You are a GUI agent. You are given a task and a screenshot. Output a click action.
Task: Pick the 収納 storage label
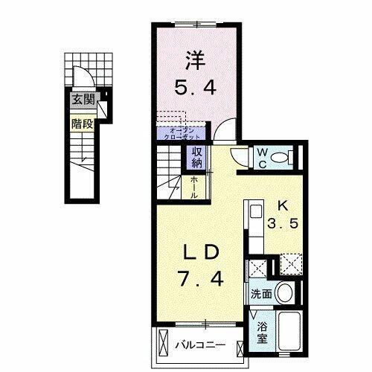(197, 157)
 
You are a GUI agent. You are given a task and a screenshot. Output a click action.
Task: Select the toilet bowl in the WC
(283, 158)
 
